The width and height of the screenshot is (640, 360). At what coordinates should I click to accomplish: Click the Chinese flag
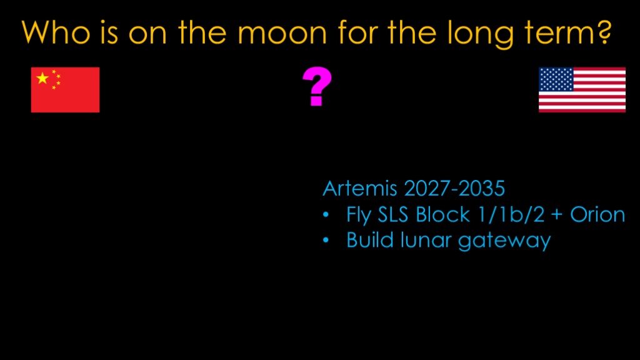coord(65,90)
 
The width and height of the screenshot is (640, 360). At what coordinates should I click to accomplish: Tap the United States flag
coord(582,90)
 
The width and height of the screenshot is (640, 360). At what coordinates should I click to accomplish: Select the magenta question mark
coord(317,86)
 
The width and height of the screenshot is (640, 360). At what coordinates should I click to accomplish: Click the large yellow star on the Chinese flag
coord(42,78)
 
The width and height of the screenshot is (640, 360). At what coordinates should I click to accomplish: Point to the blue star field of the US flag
coord(556,79)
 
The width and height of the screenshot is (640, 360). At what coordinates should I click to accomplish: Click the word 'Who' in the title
coord(56,32)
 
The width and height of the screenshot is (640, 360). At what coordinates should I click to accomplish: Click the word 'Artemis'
coord(360,189)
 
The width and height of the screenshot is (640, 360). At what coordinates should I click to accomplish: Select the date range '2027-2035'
coord(454,189)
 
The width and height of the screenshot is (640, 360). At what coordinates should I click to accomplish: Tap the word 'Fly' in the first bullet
coord(359,215)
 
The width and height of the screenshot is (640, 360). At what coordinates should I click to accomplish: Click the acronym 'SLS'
coord(393,215)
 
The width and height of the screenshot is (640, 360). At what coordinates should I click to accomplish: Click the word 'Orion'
coord(597,215)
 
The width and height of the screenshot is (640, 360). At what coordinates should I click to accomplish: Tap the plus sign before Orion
coord(557,215)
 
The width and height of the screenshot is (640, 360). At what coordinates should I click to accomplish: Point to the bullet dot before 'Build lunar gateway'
coord(326,240)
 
